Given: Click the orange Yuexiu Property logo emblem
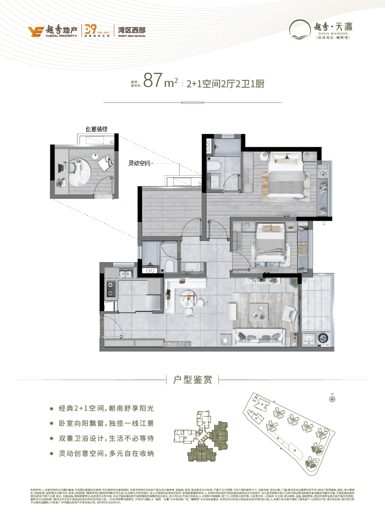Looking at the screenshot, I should (x=36, y=31).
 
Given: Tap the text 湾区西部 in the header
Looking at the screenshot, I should (x=132, y=30).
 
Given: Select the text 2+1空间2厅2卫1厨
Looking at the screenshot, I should (x=225, y=84).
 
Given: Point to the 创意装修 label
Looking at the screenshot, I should (x=96, y=129).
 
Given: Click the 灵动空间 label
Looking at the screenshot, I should (x=139, y=163).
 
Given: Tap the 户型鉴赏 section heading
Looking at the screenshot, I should (x=192, y=380).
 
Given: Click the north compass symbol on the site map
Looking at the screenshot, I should (x=332, y=399).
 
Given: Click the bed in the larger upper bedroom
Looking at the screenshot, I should (x=286, y=176).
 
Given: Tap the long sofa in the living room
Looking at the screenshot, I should (x=259, y=337).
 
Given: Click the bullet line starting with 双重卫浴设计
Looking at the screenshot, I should (x=106, y=438).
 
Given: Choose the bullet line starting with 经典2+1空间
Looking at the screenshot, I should (x=106, y=408).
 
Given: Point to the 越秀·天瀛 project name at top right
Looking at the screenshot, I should (x=333, y=27).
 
